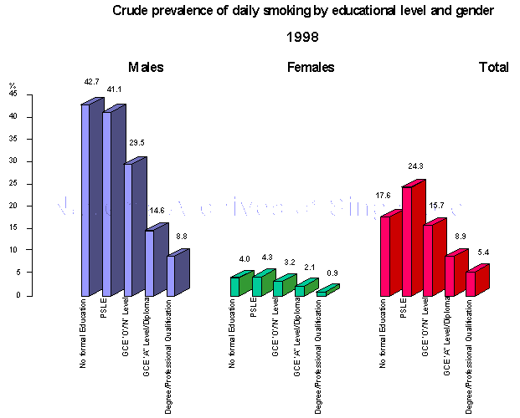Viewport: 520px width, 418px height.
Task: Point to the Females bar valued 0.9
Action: (322, 293)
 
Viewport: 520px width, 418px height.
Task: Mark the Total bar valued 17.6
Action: (386, 256)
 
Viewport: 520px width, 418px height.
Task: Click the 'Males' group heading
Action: (146, 68)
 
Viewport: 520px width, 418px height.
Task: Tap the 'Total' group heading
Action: (493, 68)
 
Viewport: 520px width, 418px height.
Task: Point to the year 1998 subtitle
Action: (302, 38)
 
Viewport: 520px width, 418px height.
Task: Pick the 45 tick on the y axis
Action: (13, 94)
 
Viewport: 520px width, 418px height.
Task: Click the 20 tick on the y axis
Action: (13, 206)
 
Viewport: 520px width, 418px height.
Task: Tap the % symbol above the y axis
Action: (13, 85)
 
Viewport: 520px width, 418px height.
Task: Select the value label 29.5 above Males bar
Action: (135, 143)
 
